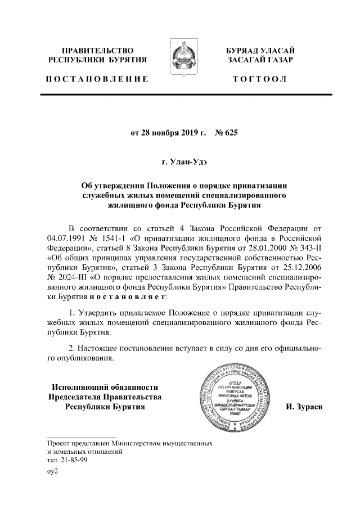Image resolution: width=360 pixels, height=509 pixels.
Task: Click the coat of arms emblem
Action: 181,57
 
